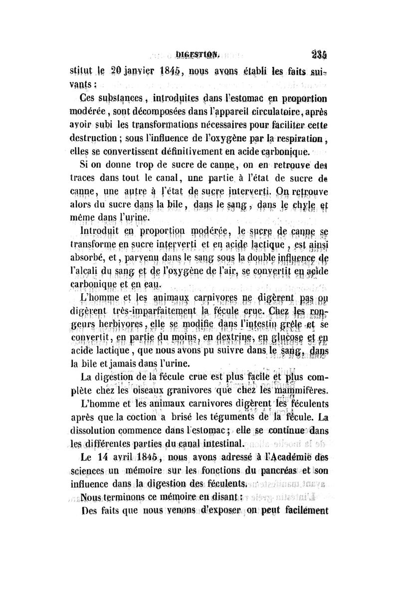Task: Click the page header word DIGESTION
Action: [198, 50]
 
